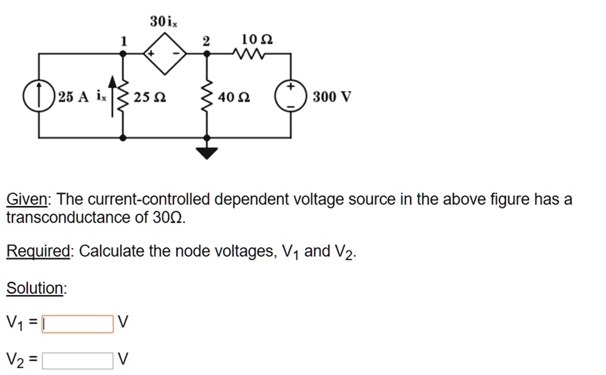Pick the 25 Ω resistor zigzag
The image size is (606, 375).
123,97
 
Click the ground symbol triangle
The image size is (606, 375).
207,154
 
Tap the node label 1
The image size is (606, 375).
123,41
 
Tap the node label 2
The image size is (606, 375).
206,41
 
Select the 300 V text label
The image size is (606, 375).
332,97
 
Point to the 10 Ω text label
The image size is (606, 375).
257,40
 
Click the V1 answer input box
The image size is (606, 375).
78,324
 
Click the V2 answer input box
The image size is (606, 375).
78,360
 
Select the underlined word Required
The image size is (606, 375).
38,252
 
